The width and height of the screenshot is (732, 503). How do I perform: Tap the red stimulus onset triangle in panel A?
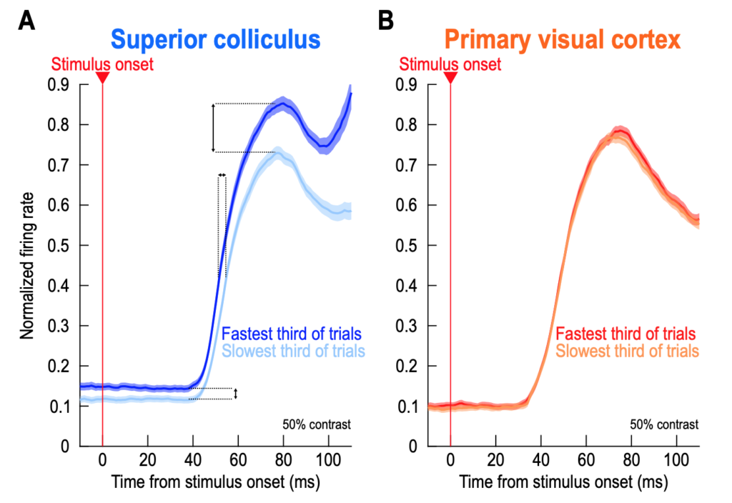click(102, 77)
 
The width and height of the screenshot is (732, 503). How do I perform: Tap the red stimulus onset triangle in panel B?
click(450, 77)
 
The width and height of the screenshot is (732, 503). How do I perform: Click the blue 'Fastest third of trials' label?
click(291, 334)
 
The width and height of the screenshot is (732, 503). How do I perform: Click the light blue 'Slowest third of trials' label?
click(293, 351)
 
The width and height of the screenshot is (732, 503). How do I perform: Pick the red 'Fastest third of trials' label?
click(625, 334)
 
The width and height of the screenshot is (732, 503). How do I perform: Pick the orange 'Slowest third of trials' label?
click(627, 351)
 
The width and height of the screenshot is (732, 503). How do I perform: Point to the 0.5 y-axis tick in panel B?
click(408, 246)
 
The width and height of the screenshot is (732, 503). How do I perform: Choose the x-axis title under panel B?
click(563, 482)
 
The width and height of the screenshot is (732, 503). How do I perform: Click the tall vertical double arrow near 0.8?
click(213, 128)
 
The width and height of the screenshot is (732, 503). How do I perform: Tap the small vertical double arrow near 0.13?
click(236, 394)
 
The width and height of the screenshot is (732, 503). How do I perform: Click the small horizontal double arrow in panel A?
click(222, 174)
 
